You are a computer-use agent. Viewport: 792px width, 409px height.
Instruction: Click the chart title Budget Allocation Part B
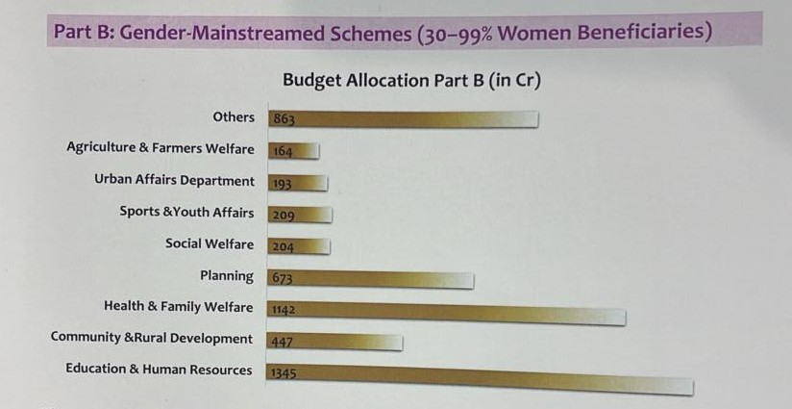411,81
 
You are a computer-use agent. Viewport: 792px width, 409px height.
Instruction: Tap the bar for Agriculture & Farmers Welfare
293,151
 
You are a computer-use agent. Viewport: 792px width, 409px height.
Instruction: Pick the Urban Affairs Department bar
298,183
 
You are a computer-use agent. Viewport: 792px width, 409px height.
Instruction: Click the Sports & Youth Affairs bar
300,215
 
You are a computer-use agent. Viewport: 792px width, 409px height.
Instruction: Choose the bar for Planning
370,280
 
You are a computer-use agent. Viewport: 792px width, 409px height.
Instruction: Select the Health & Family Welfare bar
446,313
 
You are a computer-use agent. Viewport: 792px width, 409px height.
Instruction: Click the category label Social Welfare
210,243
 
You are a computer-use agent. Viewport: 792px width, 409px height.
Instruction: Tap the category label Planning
227,276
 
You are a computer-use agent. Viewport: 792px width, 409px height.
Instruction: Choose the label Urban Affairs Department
174,180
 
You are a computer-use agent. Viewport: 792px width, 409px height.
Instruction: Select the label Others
234,116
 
